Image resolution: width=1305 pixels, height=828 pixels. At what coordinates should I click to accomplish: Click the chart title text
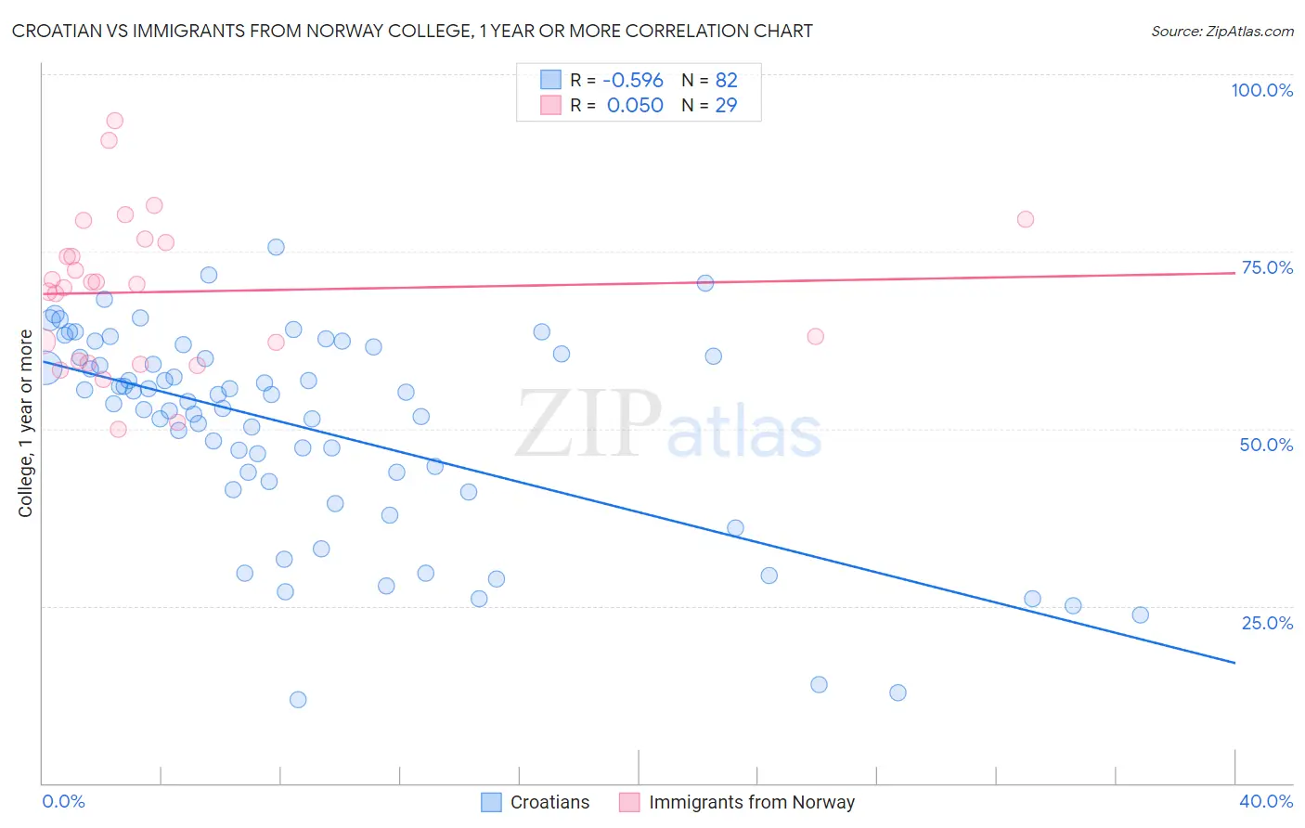pyautogui.click(x=412, y=32)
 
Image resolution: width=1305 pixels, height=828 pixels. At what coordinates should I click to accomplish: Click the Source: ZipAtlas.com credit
pyautogui.click(x=1221, y=32)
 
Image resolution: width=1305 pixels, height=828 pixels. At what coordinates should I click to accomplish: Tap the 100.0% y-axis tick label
pyautogui.click(x=1261, y=90)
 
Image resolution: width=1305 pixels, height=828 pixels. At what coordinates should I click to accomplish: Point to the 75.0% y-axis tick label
pyautogui.click(x=1267, y=267)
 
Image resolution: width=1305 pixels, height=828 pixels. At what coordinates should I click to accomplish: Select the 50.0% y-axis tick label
pyautogui.click(x=1266, y=445)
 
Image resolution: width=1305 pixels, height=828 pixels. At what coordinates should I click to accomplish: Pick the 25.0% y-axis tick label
pyautogui.click(x=1267, y=623)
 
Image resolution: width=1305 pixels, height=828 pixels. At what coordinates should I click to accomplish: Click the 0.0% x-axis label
pyautogui.click(x=63, y=801)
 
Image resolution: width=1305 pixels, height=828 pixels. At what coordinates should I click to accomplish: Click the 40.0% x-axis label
pyautogui.click(x=1266, y=801)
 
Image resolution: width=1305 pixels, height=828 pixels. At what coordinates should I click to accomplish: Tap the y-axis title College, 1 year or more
pyautogui.click(x=26, y=423)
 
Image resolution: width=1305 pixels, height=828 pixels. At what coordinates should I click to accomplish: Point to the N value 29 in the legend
pyautogui.click(x=726, y=106)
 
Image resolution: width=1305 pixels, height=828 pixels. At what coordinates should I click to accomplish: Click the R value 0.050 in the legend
pyautogui.click(x=635, y=106)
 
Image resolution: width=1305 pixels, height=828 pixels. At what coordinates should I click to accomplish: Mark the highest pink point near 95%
pyautogui.click(x=114, y=121)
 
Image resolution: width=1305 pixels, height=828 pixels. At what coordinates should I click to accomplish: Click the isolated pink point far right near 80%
pyautogui.click(x=1026, y=219)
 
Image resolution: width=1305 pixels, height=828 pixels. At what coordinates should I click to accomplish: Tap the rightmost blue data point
pyautogui.click(x=1141, y=615)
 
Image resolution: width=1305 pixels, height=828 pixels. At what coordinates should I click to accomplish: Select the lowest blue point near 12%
pyautogui.click(x=298, y=699)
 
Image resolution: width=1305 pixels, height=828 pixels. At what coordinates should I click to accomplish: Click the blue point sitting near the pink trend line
pyautogui.click(x=705, y=283)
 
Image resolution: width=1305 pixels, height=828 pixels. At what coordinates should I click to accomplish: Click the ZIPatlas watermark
pyautogui.click(x=668, y=425)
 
